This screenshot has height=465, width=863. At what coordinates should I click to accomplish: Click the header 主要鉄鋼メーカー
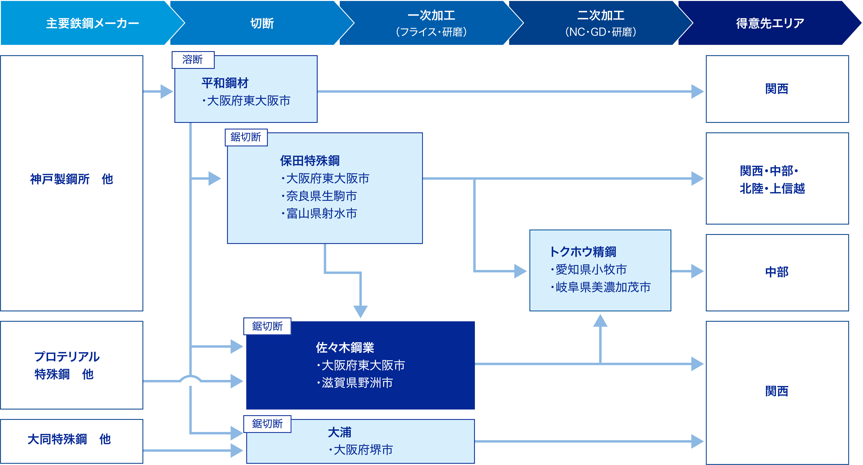tap(93, 23)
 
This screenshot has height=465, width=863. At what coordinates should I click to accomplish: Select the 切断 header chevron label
tap(262, 23)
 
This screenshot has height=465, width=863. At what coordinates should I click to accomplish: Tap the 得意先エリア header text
tap(770, 23)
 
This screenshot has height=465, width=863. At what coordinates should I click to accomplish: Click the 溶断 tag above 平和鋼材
tap(193, 60)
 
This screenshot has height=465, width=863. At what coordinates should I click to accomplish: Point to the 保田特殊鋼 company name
tap(310, 161)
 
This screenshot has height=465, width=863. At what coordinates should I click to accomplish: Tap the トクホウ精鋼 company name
tap(583, 252)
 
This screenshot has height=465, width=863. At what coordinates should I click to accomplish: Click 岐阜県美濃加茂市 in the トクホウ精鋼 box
tap(601, 287)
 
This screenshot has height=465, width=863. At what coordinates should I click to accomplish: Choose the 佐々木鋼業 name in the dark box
tap(345, 348)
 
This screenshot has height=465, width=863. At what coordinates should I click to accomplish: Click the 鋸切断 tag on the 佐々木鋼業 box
tap(267, 326)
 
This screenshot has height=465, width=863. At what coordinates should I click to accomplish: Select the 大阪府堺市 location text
tap(361, 450)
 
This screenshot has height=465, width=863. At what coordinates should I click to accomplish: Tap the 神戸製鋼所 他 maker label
tap(72, 179)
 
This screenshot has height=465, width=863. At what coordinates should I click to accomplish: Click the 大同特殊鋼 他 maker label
tap(69, 439)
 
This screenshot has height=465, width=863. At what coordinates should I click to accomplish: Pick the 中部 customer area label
tap(777, 272)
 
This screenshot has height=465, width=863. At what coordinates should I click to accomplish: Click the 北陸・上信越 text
tap(772, 189)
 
